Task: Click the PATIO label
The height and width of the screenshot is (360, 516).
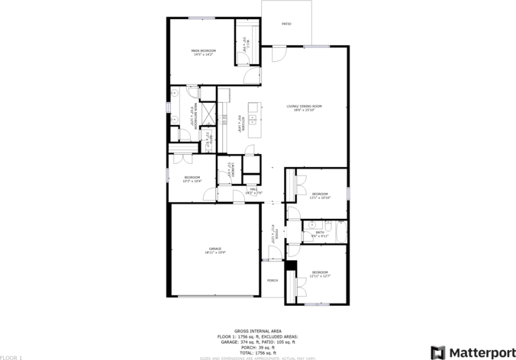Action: click(286, 24)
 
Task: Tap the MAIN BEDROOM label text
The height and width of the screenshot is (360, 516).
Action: click(203, 51)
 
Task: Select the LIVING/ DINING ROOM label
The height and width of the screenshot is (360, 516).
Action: click(305, 106)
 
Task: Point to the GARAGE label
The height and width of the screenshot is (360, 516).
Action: click(215, 249)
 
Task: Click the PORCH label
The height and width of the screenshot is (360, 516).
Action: click(272, 281)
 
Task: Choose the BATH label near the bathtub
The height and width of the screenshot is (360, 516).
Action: click(320, 233)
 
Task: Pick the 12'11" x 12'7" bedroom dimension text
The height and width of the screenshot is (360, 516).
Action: click(320, 276)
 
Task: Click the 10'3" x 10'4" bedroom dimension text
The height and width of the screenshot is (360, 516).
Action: click(192, 182)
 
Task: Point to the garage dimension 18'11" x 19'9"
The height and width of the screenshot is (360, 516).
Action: click(215, 253)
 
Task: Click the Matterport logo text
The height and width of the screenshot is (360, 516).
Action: click(481, 352)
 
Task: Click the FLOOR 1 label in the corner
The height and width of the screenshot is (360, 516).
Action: click(11, 357)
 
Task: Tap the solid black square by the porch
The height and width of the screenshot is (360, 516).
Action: click(290, 265)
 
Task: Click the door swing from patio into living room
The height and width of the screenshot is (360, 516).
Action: click(279, 55)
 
